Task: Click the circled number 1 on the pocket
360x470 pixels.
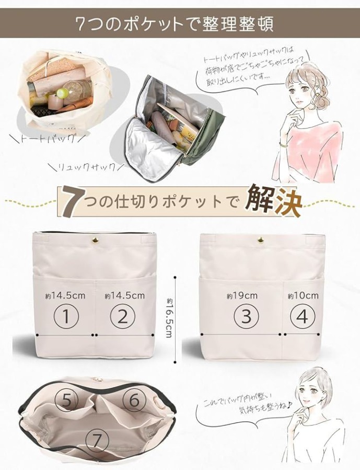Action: [x=66, y=316]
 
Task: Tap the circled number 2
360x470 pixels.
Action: [x=123, y=316]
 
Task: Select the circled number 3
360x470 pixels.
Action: [x=246, y=316]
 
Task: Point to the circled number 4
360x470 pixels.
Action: [x=303, y=316]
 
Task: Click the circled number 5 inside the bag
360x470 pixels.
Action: [x=67, y=399]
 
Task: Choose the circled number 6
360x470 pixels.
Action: [x=134, y=399]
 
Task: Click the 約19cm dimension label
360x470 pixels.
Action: [x=242, y=296]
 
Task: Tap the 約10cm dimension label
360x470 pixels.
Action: [x=303, y=296]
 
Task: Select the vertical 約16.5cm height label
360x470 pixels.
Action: [x=169, y=318]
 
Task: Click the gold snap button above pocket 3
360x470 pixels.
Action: [x=260, y=240]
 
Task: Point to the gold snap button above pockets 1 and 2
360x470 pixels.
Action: [x=96, y=240]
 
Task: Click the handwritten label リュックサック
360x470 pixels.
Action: [x=87, y=167]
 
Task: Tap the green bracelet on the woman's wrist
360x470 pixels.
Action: [x=284, y=146]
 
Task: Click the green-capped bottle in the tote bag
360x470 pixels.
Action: [x=62, y=94]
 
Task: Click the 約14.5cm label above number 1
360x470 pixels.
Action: [x=65, y=296]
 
